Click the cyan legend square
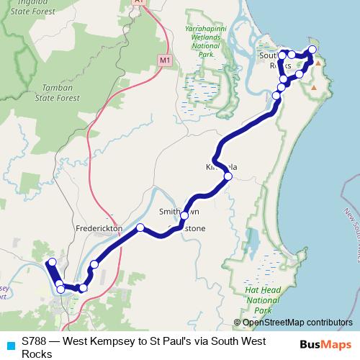click(9, 345)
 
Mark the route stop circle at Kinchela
click(228, 176)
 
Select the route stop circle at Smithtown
click(184, 215)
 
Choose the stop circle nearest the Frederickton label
click(140, 228)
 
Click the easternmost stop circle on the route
click(312, 50)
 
